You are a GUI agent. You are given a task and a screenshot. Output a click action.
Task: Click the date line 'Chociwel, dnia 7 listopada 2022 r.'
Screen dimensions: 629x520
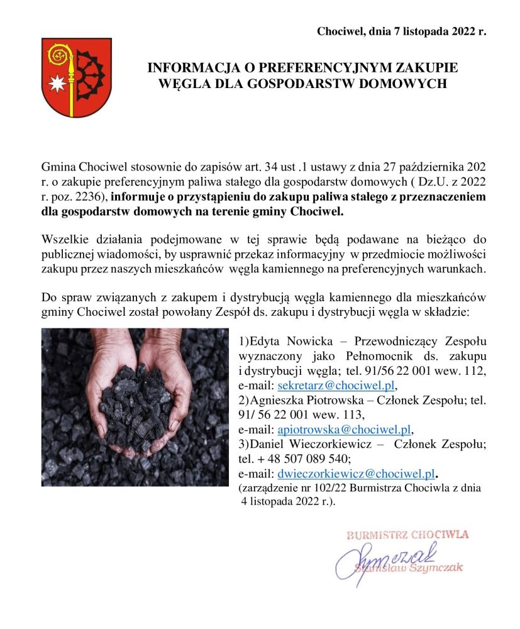(x=402, y=31)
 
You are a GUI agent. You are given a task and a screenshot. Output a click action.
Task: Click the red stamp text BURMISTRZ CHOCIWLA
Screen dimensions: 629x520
(x=407, y=535)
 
